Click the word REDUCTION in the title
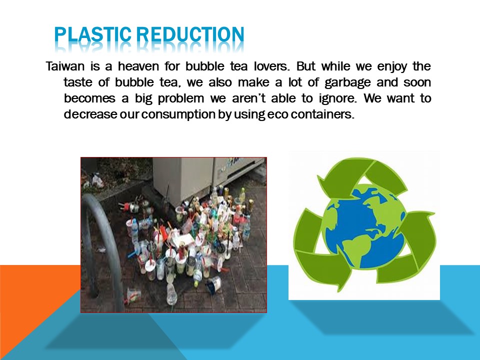[x=190, y=34]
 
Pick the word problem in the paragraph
[x=181, y=98]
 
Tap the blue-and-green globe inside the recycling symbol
[x=364, y=226]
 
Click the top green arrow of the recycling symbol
[x=361, y=176]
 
